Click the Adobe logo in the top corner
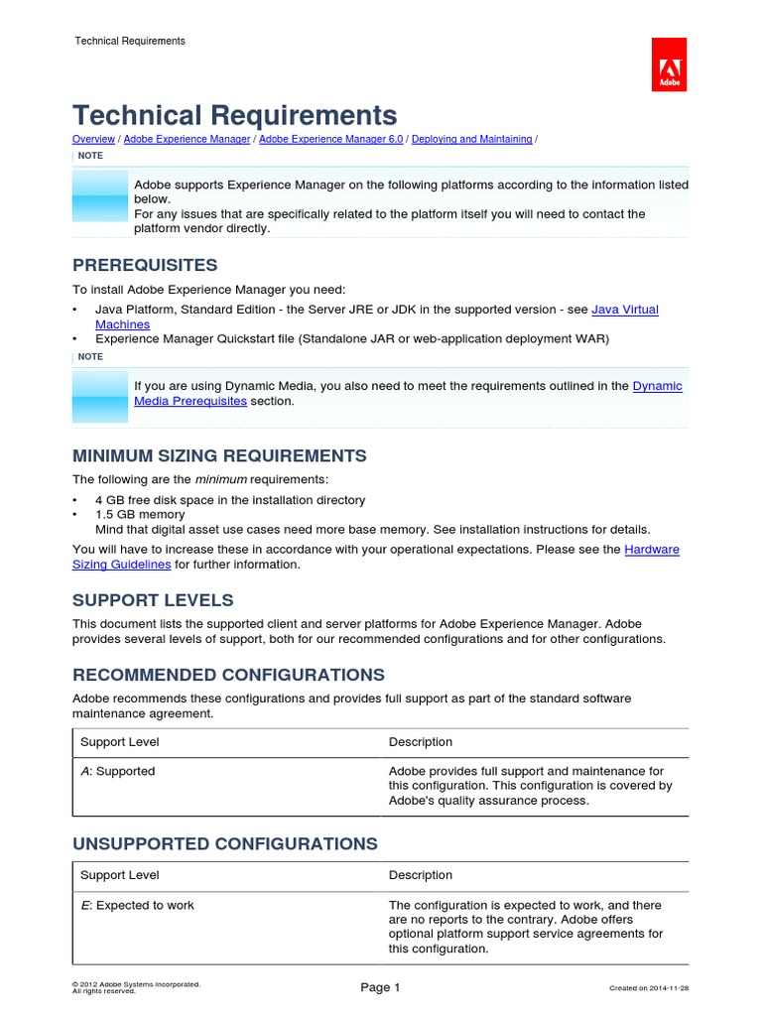tap(669, 64)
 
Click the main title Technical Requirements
tap(234, 115)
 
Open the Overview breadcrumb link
tap(94, 140)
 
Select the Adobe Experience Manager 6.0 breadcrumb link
tap(330, 140)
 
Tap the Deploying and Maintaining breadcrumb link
tap(471, 140)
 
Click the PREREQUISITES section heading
tap(145, 266)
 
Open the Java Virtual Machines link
tap(624, 310)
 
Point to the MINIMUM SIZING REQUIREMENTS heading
tap(219, 455)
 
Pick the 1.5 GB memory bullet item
tap(139, 515)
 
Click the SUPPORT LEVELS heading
tap(153, 600)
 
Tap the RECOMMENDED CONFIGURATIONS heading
tap(228, 675)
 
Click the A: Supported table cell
tap(117, 771)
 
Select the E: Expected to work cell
tap(137, 905)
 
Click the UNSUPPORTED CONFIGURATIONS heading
tap(224, 844)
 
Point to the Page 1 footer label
tap(380, 987)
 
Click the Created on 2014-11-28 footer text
tap(648, 988)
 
